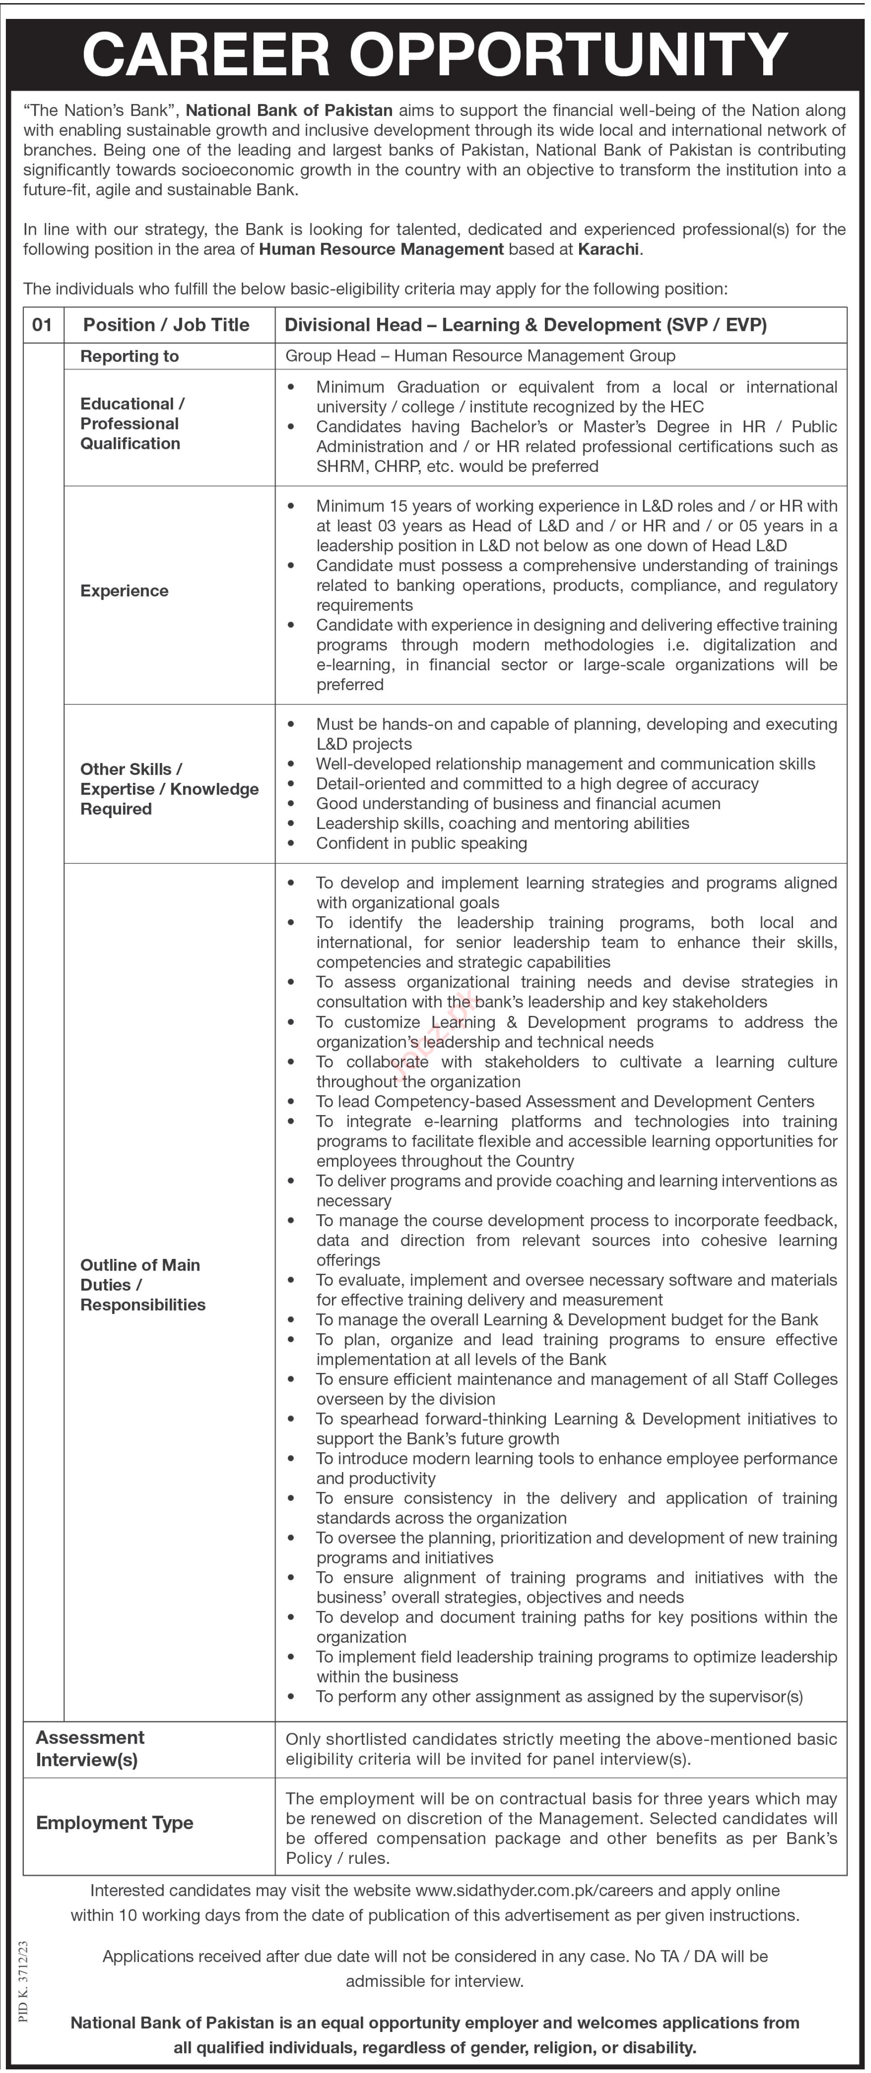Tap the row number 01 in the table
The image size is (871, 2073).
(x=43, y=325)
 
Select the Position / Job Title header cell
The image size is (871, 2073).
(x=166, y=325)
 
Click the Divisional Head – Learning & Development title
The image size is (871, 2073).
(x=525, y=325)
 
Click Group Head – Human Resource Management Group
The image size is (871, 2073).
(x=480, y=356)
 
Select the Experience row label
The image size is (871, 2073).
(x=125, y=590)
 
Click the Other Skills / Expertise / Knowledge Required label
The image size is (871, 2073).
(x=169, y=789)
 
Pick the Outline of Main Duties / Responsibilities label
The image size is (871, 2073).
(x=143, y=1284)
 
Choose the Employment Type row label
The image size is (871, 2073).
(x=115, y=1823)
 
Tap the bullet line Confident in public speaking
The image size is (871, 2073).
(x=421, y=843)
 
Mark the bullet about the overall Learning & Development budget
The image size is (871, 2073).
(x=567, y=1320)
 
